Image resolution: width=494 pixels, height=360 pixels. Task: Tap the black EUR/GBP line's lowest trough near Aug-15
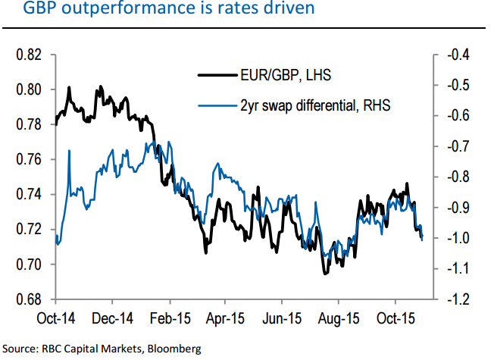coord(326,273)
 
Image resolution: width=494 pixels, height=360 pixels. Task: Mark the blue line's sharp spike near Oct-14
coord(69,151)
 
